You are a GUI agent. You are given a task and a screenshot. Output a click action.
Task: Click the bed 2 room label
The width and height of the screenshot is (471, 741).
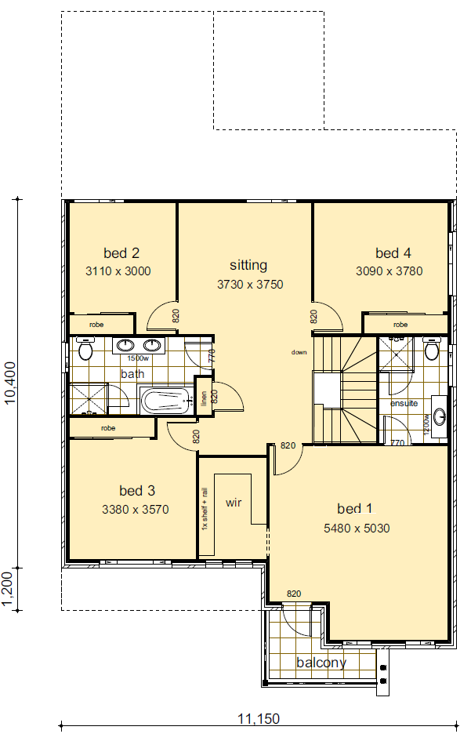coord(121,253)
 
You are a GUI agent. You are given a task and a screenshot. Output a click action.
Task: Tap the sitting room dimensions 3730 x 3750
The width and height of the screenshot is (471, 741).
coord(249,285)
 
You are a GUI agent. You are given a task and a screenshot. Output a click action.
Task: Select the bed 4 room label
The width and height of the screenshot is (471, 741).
coord(393,253)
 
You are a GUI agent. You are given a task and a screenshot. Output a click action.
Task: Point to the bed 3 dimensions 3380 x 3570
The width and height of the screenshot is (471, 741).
coord(136,510)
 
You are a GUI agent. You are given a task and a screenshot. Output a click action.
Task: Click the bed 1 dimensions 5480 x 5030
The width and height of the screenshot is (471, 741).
coord(357,529)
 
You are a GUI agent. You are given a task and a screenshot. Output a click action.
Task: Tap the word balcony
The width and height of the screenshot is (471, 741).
coord(321,663)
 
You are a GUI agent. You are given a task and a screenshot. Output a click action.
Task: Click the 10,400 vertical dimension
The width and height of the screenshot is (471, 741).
coord(10,383)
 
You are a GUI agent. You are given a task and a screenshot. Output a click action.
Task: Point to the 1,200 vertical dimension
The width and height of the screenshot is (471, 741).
coord(10,588)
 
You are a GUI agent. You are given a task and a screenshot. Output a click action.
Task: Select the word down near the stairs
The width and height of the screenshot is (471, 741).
coord(299,353)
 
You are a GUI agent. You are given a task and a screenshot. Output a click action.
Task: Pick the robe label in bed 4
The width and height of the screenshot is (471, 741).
coord(400,325)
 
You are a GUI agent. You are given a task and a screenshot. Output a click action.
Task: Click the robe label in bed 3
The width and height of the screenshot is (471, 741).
coord(108,429)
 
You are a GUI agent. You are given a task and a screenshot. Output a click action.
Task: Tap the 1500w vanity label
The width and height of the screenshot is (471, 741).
coord(138,358)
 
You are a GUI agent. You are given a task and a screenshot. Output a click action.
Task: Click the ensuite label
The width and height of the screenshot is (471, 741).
coord(404,403)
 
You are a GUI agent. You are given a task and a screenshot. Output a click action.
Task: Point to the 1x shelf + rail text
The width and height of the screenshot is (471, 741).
coord(205,508)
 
